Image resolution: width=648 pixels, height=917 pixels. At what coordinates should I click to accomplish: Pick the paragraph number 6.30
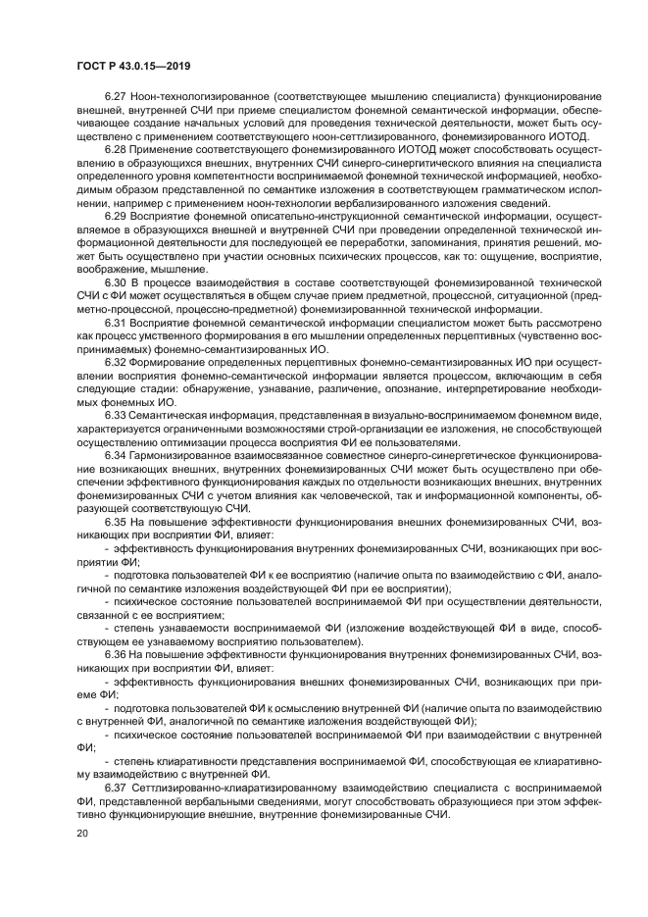pyautogui.click(x=116, y=280)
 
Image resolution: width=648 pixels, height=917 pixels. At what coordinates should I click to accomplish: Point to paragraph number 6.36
pyautogui.click(x=116, y=652)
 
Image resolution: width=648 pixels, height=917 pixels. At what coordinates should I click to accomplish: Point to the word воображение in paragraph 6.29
pyautogui.click(x=110, y=266)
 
